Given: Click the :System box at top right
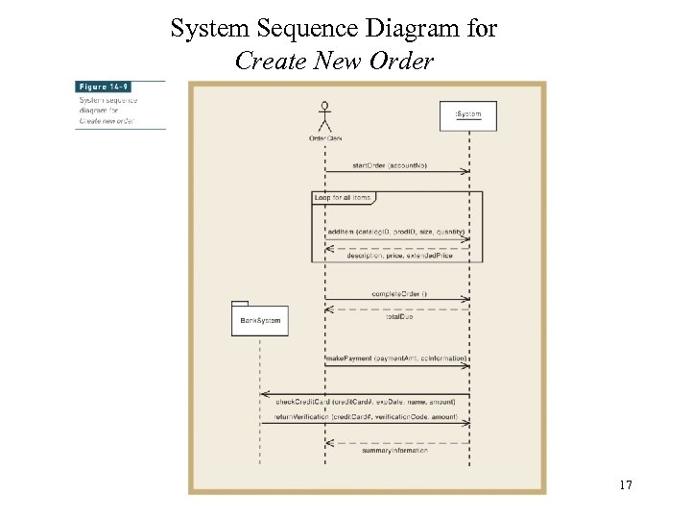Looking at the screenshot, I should tap(467, 114).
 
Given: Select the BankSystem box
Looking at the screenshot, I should tap(259, 319).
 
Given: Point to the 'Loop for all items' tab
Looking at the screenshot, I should tap(343, 197).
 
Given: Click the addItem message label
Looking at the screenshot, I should tap(396, 232).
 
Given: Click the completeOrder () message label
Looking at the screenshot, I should tap(399, 292).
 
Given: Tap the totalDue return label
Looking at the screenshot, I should tap(399, 316).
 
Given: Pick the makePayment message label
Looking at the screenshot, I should tap(396, 358).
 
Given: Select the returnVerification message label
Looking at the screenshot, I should tap(366, 418).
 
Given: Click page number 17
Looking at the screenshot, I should tap(625, 485).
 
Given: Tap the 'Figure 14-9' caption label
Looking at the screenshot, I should tap(106, 86).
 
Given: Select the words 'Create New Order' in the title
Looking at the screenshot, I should tap(334, 62).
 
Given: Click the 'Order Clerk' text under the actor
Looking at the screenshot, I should tap(325, 138).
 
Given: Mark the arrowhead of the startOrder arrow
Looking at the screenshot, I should tap(465, 171).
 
